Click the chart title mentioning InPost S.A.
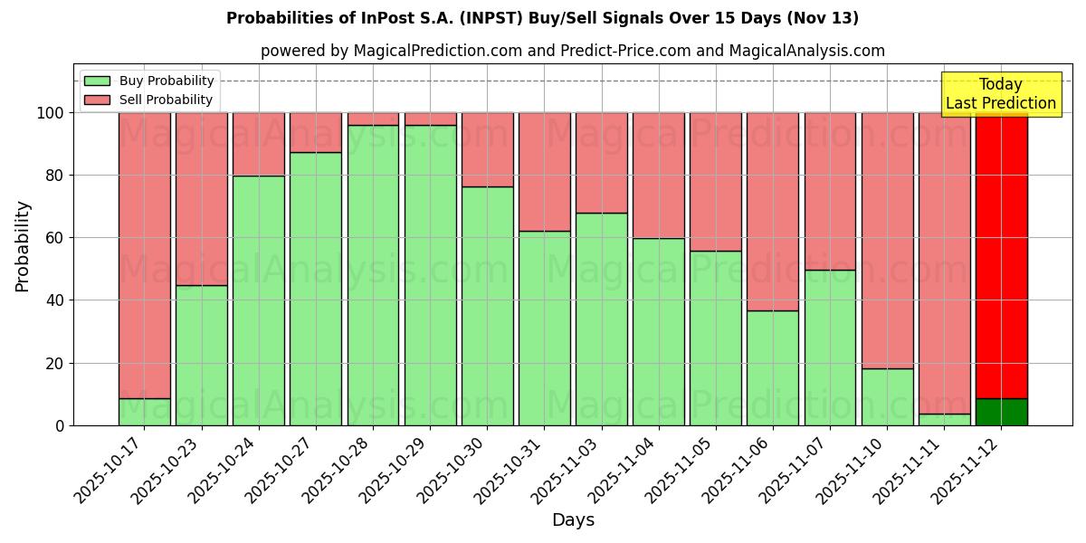[542, 18]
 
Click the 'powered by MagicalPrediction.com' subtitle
[572, 52]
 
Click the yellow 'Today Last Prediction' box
[1001, 94]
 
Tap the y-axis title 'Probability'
[23, 245]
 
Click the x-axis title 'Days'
[573, 520]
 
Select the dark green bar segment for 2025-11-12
[1001, 412]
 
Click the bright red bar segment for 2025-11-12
[1001, 253]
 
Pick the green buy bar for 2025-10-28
[373, 276]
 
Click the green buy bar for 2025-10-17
[145, 412]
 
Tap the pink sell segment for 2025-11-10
[887, 240]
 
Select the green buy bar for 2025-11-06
[773, 368]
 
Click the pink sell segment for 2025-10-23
[202, 199]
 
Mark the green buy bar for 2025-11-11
[944, 420]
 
